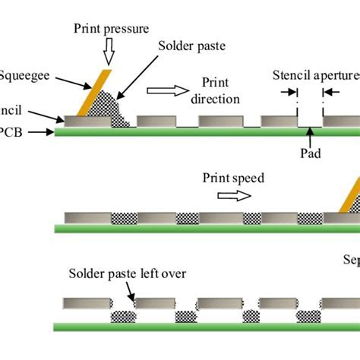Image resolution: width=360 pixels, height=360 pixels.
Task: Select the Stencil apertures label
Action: click(315, 75)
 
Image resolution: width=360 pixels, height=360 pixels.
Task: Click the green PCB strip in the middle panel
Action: click(205, 228)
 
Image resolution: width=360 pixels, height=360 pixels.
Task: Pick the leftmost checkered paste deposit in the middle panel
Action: click(125, 218)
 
